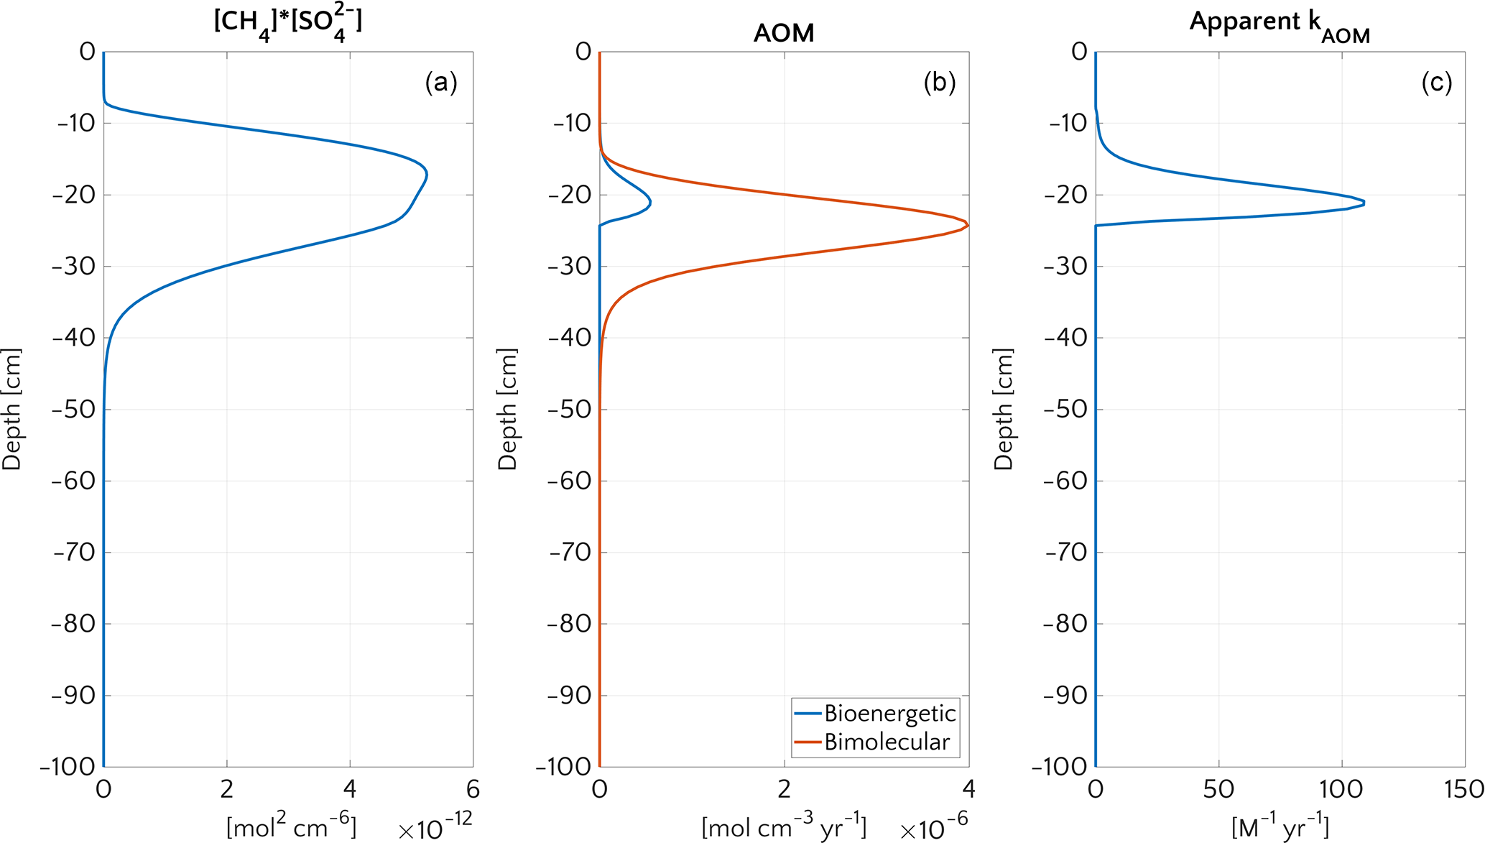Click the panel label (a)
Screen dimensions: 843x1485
coord(441,83)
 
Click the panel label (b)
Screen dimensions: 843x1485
coord(939,83)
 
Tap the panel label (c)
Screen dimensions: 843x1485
coord(1436,83)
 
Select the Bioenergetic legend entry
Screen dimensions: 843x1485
coord(889,714)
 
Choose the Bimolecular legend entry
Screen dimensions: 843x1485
coord(887,742)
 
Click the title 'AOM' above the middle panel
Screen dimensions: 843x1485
coord(784,33)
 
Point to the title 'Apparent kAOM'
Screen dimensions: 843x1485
coord(1280,26)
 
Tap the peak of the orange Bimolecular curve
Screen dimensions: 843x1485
coord(968,226)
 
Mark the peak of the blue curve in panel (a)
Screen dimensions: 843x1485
coord(427,174)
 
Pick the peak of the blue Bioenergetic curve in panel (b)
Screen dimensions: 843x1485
coord(650,203)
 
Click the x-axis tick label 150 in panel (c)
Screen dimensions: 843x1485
coord(1464,790)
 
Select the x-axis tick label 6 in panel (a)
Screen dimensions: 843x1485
coord(473,790)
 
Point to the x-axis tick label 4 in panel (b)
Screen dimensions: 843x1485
coord(968,790)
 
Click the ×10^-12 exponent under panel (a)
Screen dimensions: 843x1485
coord(435,829)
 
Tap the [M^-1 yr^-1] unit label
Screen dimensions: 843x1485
coord(1280,826)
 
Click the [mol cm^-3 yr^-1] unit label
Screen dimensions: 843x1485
coord(784,826)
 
